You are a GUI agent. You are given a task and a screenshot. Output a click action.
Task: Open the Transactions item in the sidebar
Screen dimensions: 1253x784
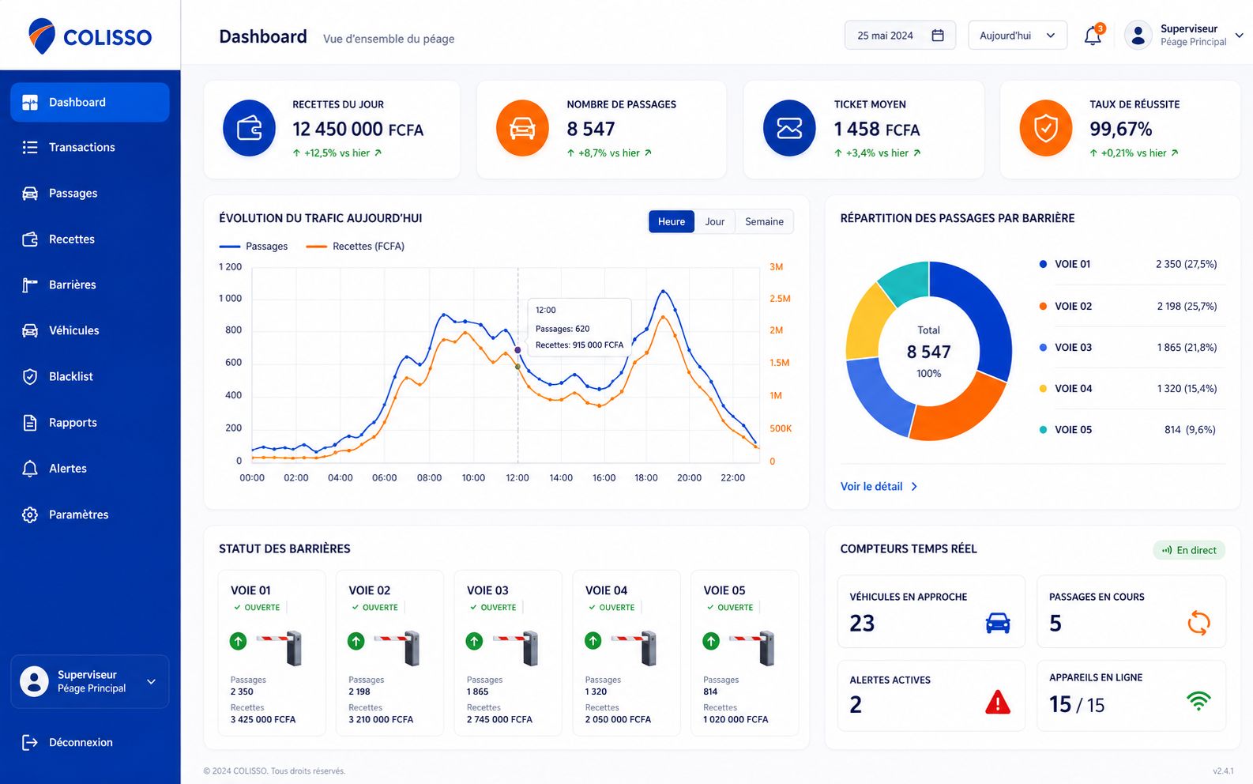click(x=81, y=147)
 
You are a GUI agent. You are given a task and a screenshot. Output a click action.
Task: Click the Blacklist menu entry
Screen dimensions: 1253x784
click(x=70, y=377)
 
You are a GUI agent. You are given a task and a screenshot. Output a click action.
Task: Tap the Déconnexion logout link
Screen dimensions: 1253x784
click(x=81, y=743)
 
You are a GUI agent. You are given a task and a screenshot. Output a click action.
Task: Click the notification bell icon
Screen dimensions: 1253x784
click(x=1093, y=36)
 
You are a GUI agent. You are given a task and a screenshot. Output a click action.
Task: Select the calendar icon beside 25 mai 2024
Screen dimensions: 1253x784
click(x=938, y=36)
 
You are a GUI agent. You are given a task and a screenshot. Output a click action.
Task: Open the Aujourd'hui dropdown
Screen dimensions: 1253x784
click(x=1018, y=36)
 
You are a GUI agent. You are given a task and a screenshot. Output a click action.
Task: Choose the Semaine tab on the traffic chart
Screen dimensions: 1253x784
click(x=764, y=221)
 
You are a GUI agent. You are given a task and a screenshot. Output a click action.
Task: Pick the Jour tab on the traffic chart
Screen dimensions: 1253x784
click(x=714, y=221)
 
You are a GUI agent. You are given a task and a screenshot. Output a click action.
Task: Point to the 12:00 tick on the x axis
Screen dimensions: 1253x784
click(x=517, y=478)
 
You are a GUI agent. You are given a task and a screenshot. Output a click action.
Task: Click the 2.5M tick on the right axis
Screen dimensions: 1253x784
click(x=780, y=299)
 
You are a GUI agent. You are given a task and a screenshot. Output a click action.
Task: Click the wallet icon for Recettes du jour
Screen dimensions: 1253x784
click(x=249, y=128)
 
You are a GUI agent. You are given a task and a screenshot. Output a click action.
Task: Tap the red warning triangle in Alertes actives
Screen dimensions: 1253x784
click(x=997, y=703)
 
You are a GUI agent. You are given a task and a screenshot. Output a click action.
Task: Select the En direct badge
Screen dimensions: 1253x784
click(x=1189, y=550)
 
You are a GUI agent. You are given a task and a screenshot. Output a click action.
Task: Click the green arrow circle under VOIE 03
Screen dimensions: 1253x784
click(x=474, y=641)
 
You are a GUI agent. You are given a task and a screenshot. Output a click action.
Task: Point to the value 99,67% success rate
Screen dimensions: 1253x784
click(x=1120, y=130)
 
